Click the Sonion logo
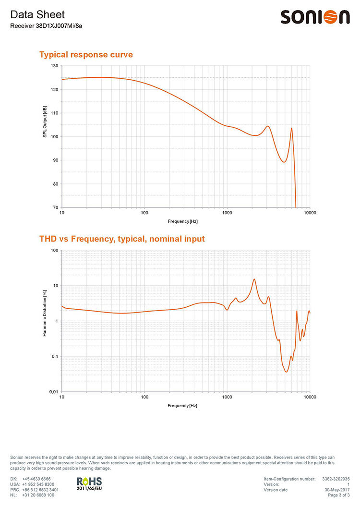click(315, 17)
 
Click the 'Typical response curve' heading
click(86, 54)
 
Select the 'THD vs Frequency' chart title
click(122, 239)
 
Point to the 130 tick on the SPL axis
click(54, 66)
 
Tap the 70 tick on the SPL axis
click(56, 207)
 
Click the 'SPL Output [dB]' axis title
click(45, 121)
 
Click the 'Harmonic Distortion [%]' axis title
click(45, 313)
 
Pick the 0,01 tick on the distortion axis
click(54, 392)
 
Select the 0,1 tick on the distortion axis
click(55, 356)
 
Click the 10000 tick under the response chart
click(310, 213)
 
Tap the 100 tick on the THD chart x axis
click(144, 397)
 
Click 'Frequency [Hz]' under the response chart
click(182, 221)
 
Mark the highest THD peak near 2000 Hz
click(254, 279)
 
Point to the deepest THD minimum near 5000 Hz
click(286, 372)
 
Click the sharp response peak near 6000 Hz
click(291, 128)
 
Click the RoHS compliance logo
click(89, 484)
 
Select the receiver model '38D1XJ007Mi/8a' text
click(59, 26)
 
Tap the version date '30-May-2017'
click(337, 490)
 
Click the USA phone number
click(38, 484)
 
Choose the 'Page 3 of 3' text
click(339, 495)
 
